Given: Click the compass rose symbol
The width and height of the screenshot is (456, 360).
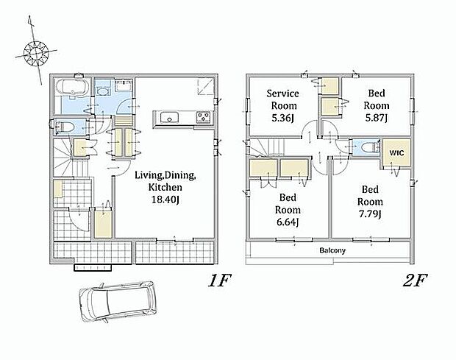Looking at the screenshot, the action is point(36,53).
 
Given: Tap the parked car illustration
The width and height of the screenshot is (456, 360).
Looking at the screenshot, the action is point(118,302).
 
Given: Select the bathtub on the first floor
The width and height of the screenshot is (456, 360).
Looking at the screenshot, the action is point(71,87).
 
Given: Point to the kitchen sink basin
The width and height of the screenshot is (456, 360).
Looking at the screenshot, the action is point(170,117).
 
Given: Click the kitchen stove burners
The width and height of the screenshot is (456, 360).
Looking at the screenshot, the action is point(204,117).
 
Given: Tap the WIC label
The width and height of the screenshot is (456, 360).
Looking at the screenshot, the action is point(396,153).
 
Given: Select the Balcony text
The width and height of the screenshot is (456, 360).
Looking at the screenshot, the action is point(332,250).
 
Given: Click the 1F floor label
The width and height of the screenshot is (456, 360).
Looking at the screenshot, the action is point(219,280).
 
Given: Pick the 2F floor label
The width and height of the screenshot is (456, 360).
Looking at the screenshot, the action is point(415,280).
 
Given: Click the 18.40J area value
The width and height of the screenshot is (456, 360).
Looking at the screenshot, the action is point(165,200).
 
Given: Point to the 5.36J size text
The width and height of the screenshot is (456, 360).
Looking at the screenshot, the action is point(282,118).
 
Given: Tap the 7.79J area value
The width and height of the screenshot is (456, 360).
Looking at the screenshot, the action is point(370,214).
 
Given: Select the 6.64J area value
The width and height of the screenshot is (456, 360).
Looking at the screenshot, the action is point(288,222).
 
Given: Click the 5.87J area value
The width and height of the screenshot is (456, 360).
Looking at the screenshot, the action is point(377,118).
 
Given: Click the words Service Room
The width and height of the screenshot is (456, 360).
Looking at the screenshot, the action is point(282,99).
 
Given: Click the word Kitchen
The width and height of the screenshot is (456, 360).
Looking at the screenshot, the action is point(165,187).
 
